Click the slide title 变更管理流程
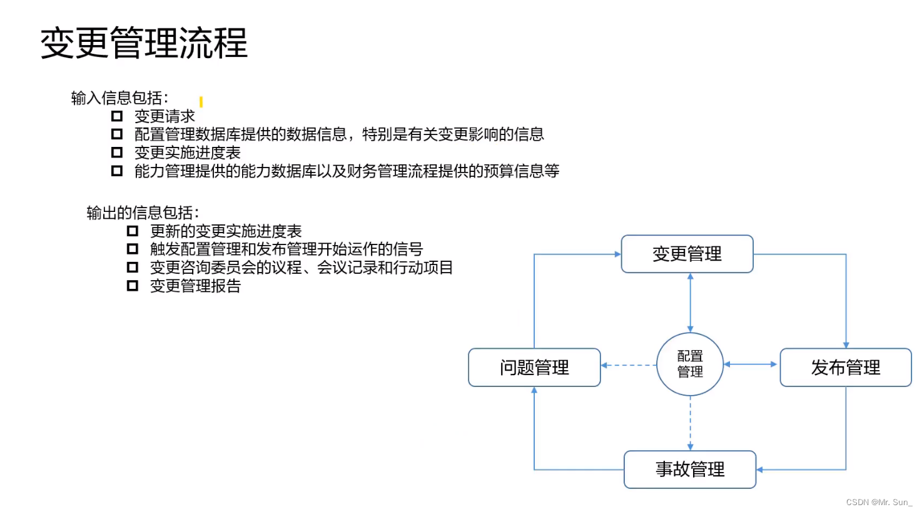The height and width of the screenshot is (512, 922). click(x=144, y=43)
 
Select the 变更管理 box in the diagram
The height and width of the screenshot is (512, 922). click(x=687, y=254)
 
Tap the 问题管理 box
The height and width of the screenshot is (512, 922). click(x=534, y=368)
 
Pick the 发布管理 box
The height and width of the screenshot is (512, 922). click(x=846, y=368)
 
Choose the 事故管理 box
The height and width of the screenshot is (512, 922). click(x=690, y=469)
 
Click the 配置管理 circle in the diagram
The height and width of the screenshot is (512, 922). click(x=690, y=364)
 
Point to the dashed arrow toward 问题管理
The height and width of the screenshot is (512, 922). click(x=629, y=365)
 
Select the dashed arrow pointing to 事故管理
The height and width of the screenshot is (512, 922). click(x=691, y=423)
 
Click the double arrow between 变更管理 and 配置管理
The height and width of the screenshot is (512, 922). click(x=691, y=303)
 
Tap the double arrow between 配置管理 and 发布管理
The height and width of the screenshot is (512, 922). click(x=751, y=364)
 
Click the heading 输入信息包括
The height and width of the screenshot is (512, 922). click(x=119, y=98)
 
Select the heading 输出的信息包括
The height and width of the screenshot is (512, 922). click(x=143, y=213)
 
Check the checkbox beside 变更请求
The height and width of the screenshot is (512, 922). click(x=117, y=116)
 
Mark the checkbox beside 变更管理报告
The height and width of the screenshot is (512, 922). click(x=133, y=286)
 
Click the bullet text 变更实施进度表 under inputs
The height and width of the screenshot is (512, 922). click(x=187, y=153)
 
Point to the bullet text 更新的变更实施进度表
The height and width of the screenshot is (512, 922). click(x=226, y=231)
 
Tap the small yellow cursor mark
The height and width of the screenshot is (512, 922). click(x=201, y=101)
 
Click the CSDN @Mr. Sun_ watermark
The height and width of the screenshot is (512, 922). click(x=879, y=503)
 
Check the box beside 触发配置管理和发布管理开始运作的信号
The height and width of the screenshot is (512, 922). click(x=133, y=249)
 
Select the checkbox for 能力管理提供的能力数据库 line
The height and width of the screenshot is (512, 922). click(x=117, y=171)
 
